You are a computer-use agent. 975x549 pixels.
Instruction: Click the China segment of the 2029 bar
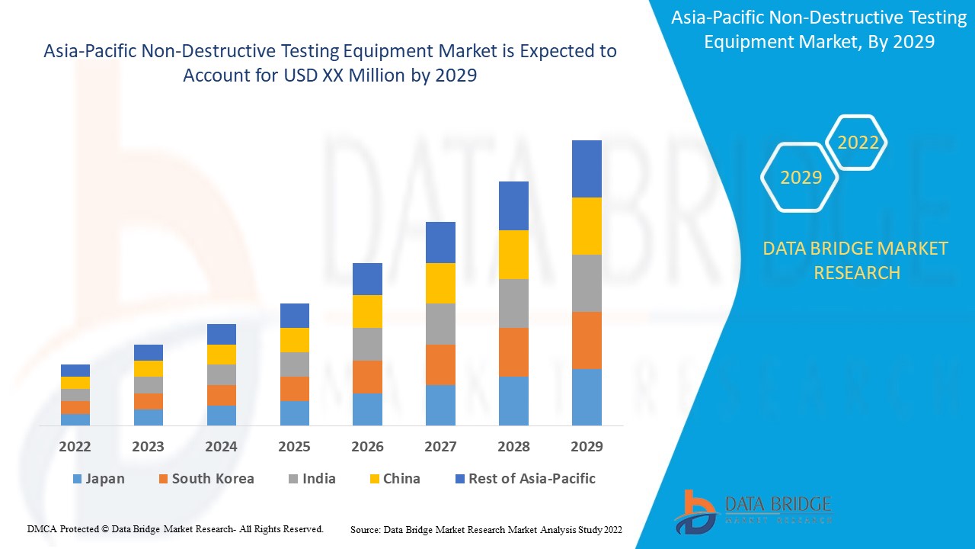587,226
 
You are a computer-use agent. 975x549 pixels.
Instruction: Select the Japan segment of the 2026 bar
367,409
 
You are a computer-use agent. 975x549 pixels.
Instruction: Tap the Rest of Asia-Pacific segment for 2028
513,206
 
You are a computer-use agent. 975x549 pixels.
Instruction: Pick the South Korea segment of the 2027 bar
440,364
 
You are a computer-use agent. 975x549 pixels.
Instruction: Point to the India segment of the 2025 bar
295,364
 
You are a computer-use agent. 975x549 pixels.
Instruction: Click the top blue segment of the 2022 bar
75,371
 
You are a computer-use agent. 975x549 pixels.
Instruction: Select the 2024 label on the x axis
221,447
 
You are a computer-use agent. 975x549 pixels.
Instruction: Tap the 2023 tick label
148,447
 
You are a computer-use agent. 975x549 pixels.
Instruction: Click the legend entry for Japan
98,479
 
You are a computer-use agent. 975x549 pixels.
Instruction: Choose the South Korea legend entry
206,479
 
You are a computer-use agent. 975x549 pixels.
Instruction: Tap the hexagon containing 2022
858,143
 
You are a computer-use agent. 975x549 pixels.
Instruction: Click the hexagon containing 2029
801,178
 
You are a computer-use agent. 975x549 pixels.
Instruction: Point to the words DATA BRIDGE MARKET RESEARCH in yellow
856,260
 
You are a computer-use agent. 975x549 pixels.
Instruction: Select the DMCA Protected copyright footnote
175,528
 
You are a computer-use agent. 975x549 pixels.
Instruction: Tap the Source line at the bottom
486,529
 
